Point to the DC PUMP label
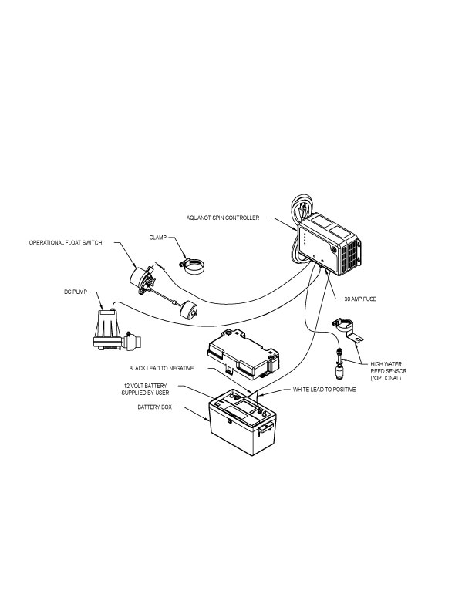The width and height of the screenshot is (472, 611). click(76, 292)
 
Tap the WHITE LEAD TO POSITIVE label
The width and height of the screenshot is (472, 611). click(324, 390)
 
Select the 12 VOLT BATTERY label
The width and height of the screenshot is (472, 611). click(150, 388)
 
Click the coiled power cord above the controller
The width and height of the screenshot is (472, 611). click(302, 209)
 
